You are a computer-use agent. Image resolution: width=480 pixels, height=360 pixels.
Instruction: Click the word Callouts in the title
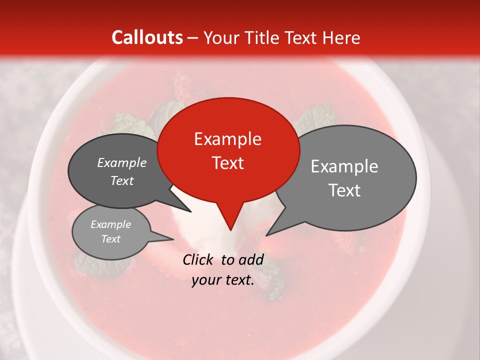(x=147, y=37)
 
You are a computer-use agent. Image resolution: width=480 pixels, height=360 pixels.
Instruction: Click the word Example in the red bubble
(x=227, y=139)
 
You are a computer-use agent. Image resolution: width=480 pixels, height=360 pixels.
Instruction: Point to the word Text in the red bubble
(x=228, y=163)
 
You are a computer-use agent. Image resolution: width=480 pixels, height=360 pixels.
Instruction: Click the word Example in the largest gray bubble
(x=344, y=166)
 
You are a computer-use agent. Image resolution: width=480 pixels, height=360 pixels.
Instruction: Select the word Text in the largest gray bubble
(x=344, y=190)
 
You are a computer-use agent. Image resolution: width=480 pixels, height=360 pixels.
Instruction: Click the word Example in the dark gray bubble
(x=121, y=163)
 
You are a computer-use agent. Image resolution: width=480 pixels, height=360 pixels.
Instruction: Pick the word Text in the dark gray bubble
(x=121, y=181)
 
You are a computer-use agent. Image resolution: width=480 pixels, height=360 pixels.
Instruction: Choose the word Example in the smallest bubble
(x=110, y=224)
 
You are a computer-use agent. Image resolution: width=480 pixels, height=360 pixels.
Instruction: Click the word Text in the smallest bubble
(x=110, y=239)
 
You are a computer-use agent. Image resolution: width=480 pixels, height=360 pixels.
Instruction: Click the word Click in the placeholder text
(x=198, y=259)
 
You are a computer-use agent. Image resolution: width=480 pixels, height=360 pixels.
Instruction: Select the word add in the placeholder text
(x=251, y=259)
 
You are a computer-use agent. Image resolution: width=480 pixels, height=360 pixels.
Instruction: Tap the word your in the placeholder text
(x=205, y=280)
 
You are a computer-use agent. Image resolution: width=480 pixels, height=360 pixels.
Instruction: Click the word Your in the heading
(x=220, y=37)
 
